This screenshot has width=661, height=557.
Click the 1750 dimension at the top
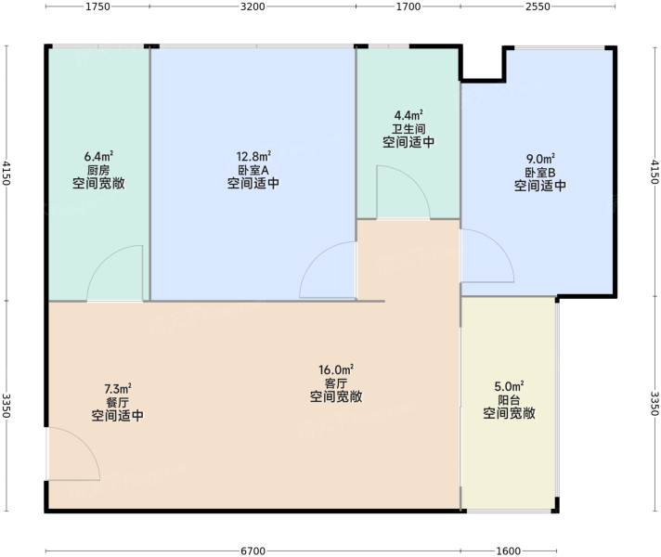point(97,6)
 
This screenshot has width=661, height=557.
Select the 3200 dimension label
point(253,6)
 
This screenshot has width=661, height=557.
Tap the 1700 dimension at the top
point(408,6)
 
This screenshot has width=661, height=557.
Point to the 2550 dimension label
point(538,6)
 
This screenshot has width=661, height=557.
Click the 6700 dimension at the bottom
point(253,551)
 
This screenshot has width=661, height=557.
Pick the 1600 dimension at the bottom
point(508,551)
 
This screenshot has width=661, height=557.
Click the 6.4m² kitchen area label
point(98,157)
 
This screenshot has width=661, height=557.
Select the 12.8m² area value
point(253,157)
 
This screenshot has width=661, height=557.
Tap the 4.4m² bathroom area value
point(408,115)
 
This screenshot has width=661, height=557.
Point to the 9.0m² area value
point(540,159)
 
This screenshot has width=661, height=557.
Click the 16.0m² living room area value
point(336,369)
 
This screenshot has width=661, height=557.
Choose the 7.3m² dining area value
point(118,388)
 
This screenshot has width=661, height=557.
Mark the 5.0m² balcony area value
point(509,386)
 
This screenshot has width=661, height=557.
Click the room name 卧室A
point(253,170)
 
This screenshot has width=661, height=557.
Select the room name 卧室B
point(540,173)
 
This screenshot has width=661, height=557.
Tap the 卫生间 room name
point(408,129)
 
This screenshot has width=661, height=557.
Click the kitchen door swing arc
point(104,262)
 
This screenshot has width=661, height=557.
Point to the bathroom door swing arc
point(415,181)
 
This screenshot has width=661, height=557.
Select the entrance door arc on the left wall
point(84,443)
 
